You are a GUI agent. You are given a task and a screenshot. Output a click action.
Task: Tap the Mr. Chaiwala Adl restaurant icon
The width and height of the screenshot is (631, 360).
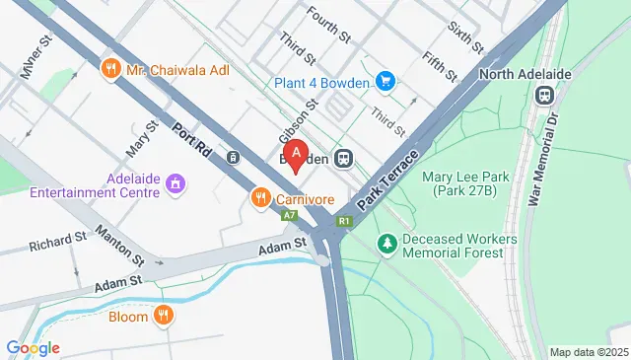coord(110,69)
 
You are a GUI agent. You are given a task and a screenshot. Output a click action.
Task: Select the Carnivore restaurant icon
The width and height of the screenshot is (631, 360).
coord(261,198)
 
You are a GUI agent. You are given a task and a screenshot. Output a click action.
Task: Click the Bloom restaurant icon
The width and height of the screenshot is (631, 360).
coord(164,317)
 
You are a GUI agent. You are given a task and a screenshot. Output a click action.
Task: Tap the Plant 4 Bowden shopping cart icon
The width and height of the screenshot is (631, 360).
coord(386,82)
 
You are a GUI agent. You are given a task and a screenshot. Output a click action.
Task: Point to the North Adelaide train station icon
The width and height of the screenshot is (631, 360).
coord(543,95)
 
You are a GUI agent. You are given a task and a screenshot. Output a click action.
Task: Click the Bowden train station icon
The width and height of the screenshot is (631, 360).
coord(344,158)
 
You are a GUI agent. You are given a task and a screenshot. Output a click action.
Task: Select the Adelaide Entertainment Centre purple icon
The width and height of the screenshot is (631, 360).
coord(175,182)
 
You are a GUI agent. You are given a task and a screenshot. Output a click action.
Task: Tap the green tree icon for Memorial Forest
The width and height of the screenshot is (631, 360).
coord(387,243)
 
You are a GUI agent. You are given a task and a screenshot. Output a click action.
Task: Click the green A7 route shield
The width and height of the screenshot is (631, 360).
coord(288,215)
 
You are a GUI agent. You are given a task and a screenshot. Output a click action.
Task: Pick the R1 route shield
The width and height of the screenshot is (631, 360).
coord(343,222)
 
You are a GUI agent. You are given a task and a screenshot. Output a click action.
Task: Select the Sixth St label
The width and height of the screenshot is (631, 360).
coord(465,37)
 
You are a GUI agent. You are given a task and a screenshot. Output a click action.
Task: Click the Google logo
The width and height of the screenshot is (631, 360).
coord(33,347)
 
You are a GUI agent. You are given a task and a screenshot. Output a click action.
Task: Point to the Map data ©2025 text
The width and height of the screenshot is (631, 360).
coord(588,352)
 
